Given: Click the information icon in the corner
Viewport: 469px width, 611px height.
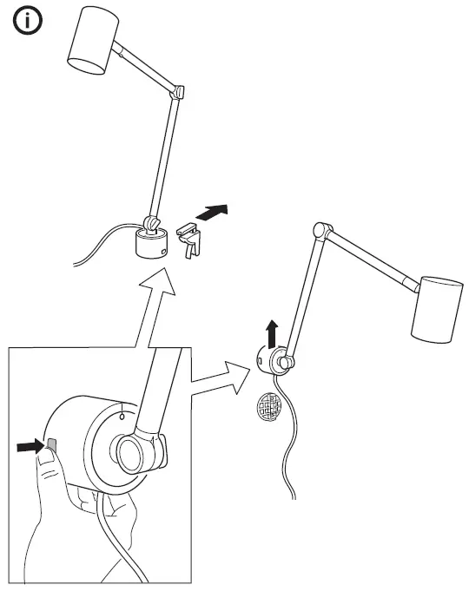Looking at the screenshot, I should pos(28,23).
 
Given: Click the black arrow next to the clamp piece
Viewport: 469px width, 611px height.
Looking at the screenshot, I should pos(215,212).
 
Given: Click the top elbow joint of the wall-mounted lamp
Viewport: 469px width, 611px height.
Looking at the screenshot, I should pos(322,231).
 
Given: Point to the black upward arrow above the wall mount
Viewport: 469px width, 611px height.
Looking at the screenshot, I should pos(272,332).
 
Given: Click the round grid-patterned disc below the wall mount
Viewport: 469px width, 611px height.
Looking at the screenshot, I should pos(270,406).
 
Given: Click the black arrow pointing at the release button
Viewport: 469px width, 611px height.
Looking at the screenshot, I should pos(29,447).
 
